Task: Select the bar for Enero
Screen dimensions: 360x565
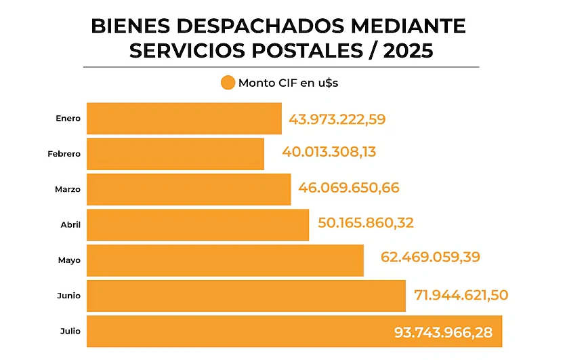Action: pyautogui.click(x=184, y=119)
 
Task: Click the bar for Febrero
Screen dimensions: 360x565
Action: pyautogui.click(x=175, y=154)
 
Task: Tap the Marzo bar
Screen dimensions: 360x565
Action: pyautogui.click(x=188, y=189)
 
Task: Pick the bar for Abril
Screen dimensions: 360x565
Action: pyautogui.click(x=198, y=224)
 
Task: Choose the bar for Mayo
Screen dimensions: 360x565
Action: pyautogui.click(x=225, y=260)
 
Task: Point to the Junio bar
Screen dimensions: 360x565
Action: pyautogui.click(x=246, y=296)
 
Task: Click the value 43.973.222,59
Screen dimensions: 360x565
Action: pyautogui.click(x=337, y=119)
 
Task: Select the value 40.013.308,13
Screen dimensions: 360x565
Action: pyautogui.click(x=329, y=152)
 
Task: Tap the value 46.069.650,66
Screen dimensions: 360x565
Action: pyautogui.click(x=348, y=188)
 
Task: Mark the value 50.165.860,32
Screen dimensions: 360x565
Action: pyautogui.click(x=367, y=222)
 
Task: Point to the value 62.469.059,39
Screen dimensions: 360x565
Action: pyautogui.click(x=420, y=258)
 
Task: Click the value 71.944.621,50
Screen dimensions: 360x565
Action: pyautogui.click(x=461, y=295)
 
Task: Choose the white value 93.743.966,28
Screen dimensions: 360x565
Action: pyautogui.click(x=443, y=333)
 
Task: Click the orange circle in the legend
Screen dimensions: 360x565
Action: pyautogui.click(x=228, y=83)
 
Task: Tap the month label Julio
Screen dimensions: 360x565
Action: pyautogui.click(x=70, y=332)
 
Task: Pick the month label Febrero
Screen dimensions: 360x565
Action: pyautogui.click(x=64, y=154)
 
